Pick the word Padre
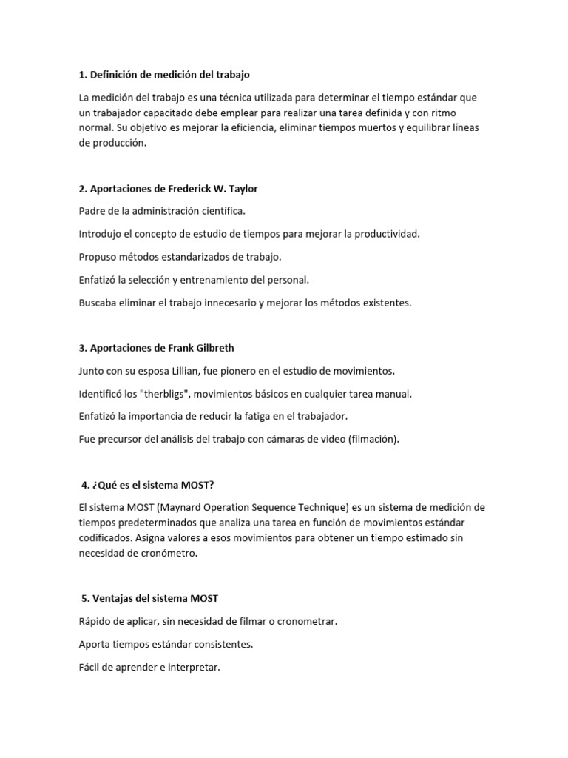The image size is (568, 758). click(92, 211)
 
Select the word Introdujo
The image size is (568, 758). click(101, 234)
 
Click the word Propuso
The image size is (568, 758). click(98, 257)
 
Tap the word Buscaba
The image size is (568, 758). click(99, 303)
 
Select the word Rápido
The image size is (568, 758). click(95, 621)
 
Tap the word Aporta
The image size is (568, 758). click(95, 644)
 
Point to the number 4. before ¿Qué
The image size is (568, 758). click(85, 485)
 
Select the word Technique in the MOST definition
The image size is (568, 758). click(351, 507)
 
